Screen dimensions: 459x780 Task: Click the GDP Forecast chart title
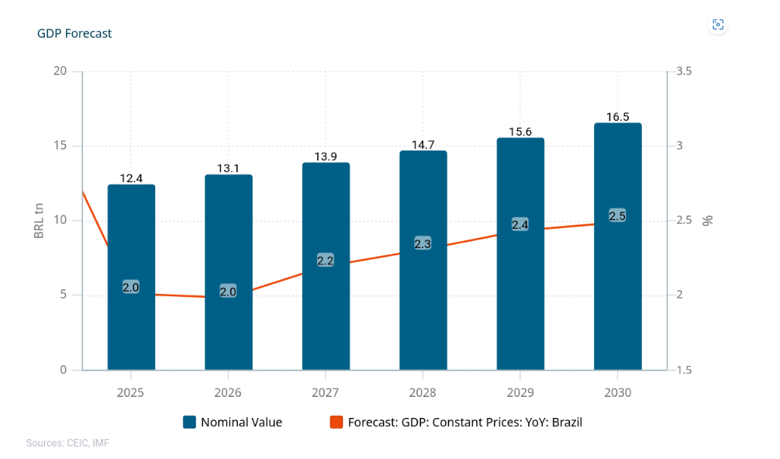[74, 33]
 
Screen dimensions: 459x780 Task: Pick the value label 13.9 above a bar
[326, 157]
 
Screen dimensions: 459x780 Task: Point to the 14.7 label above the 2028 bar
[423, 144]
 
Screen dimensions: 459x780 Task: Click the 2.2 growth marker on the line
[326, 261]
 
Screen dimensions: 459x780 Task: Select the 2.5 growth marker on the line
[617, 216]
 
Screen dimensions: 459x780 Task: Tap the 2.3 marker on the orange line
[423, 243]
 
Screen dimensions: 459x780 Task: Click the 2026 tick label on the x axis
[228, 392]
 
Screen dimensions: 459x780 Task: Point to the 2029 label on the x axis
[520, 392]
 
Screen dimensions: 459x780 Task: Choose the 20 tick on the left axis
[59, 71]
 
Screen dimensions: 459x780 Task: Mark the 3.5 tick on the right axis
[684, 71]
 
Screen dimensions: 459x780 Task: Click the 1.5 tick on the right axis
[684, 370]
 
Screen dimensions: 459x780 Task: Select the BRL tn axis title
[40, 220]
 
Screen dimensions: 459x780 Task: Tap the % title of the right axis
[707, 220]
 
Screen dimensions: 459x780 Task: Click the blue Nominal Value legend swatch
[189, 423]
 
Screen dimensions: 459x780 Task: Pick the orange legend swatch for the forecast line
[337, 423]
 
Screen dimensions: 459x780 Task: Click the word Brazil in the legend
[565, 423]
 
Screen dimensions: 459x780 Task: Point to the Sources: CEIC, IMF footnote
[67, 443]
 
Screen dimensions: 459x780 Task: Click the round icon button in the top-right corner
[718, 25]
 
